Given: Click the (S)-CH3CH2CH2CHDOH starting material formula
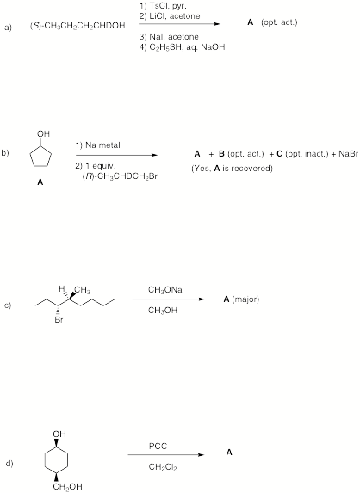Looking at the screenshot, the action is [x=78, y=26].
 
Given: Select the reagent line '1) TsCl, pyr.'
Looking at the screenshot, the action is [x=164, y=6].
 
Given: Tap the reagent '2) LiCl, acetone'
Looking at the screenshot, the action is [x=170, y=16].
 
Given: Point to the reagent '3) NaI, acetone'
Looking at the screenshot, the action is [x=169, y=37].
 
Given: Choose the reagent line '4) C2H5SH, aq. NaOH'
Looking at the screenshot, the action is [x=183, y=47].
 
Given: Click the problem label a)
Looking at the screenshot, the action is [x=9, y=28].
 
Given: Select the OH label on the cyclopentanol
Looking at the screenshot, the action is [x=43, y=133].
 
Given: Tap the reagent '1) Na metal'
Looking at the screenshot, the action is [x=97, y=145].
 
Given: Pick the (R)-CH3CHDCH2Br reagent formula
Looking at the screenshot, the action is [x=120, y=176].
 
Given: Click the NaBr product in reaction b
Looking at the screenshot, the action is [x=349, y=154].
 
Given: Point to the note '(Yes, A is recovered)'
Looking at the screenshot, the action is [x=232, y=169].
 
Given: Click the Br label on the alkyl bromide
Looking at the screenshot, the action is [x=59, y=320].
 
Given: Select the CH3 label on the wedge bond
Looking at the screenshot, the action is [x=83, y=290].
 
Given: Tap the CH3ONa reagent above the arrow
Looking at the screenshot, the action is [x=164, y=290].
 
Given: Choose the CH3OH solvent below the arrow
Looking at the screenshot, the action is [x=163, y=311].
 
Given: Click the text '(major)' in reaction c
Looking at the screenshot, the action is [x=245, y=299].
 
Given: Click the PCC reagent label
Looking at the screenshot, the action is [x=158, y=447].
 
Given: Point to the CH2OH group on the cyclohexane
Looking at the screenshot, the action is [x=67, y=487].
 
